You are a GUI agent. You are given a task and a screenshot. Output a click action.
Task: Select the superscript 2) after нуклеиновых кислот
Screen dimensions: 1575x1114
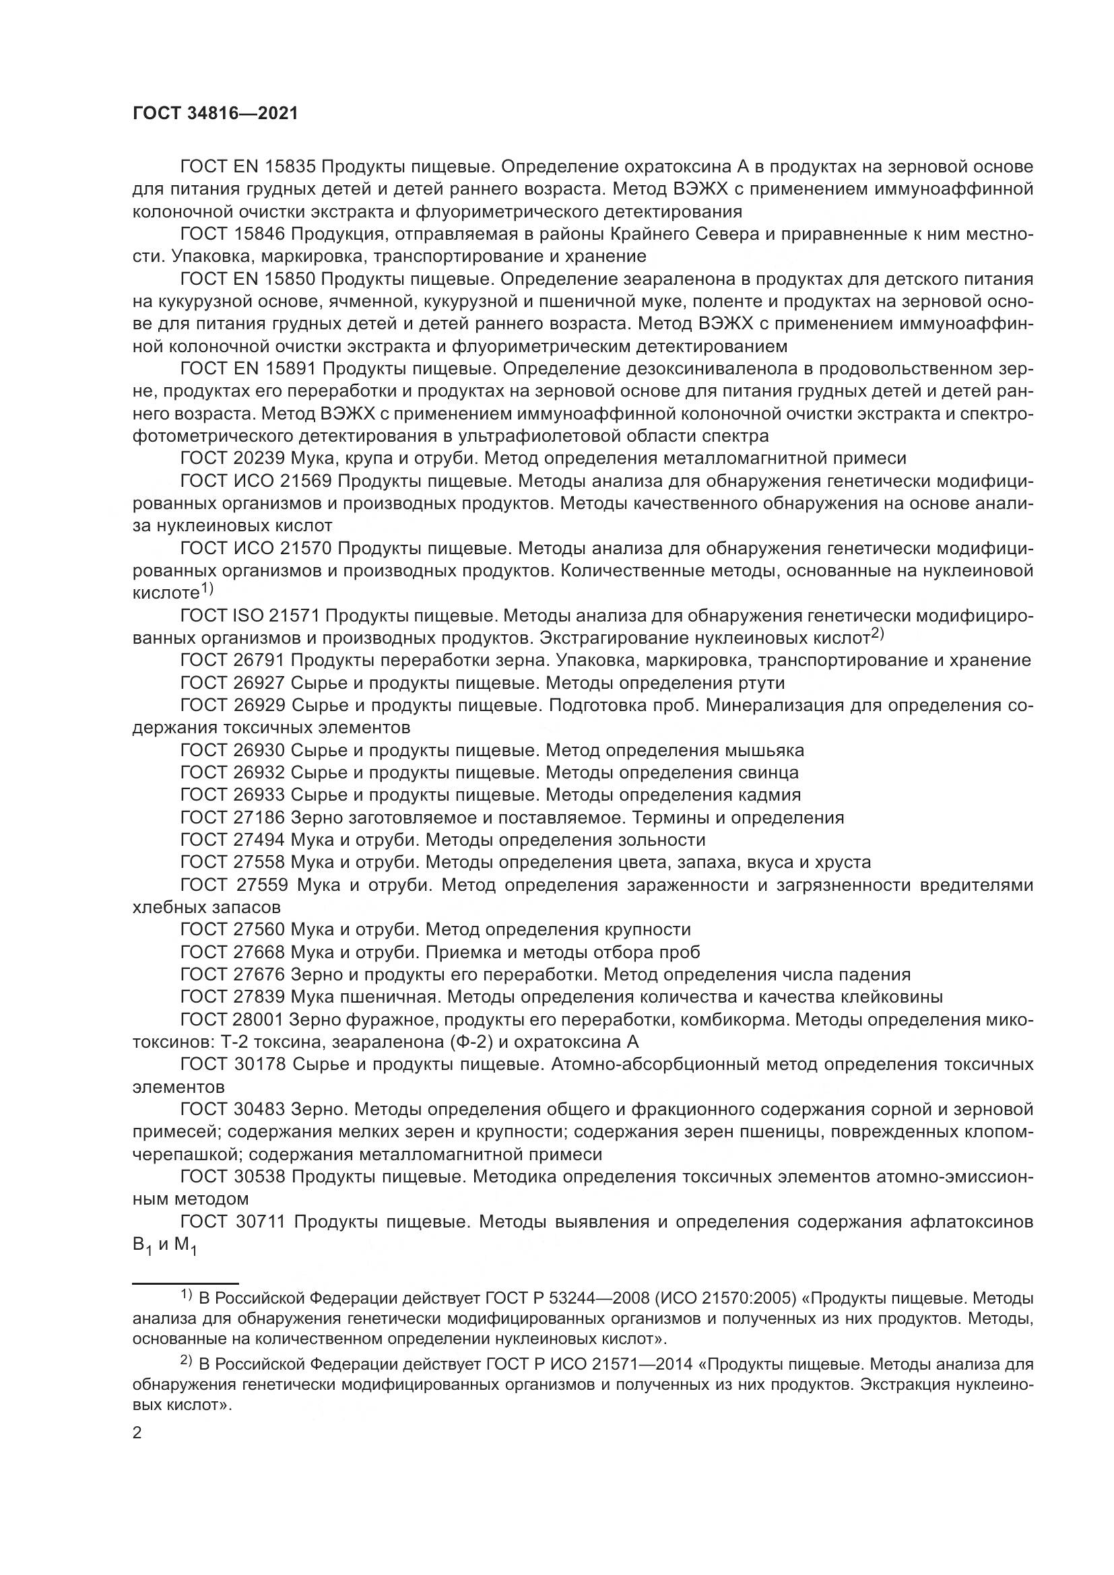pos(878,634)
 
